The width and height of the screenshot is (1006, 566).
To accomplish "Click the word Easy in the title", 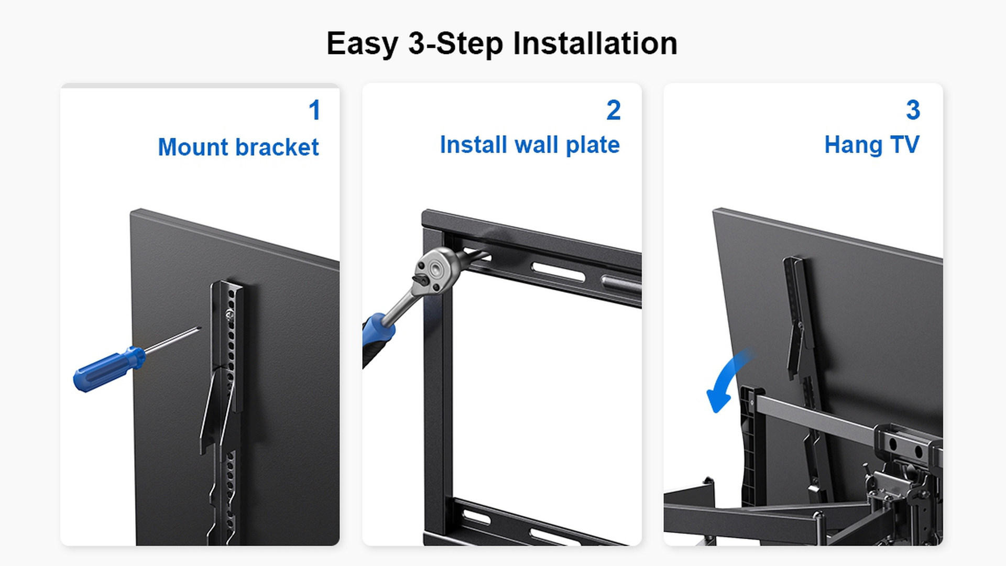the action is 362,44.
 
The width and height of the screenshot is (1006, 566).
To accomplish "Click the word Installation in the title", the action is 595,43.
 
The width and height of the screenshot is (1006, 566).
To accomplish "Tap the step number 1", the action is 314,110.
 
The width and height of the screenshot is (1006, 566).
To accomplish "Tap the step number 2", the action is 614,110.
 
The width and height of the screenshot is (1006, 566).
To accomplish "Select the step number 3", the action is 913,110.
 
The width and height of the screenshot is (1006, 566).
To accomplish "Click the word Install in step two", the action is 474,145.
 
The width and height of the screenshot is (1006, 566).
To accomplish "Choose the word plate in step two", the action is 593,145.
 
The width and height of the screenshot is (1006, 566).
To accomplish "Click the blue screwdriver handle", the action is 109,369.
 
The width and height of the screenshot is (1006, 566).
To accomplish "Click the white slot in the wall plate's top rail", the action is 559,272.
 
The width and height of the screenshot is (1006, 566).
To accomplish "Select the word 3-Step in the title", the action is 455,44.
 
